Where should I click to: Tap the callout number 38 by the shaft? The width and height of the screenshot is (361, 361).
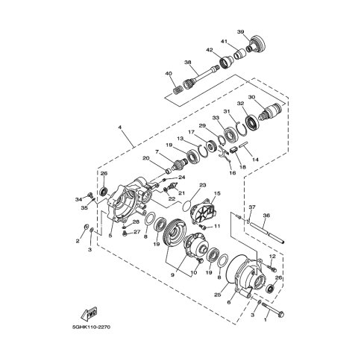pos(188,63)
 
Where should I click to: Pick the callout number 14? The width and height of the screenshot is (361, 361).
pos(255,160)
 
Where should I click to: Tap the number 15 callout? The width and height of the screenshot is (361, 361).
pos(219,194)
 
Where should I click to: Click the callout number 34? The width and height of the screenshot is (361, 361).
pos(78,199)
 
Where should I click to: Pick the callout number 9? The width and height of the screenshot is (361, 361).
pos(174,274)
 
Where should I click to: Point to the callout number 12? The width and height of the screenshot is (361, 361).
pos(271,257)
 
